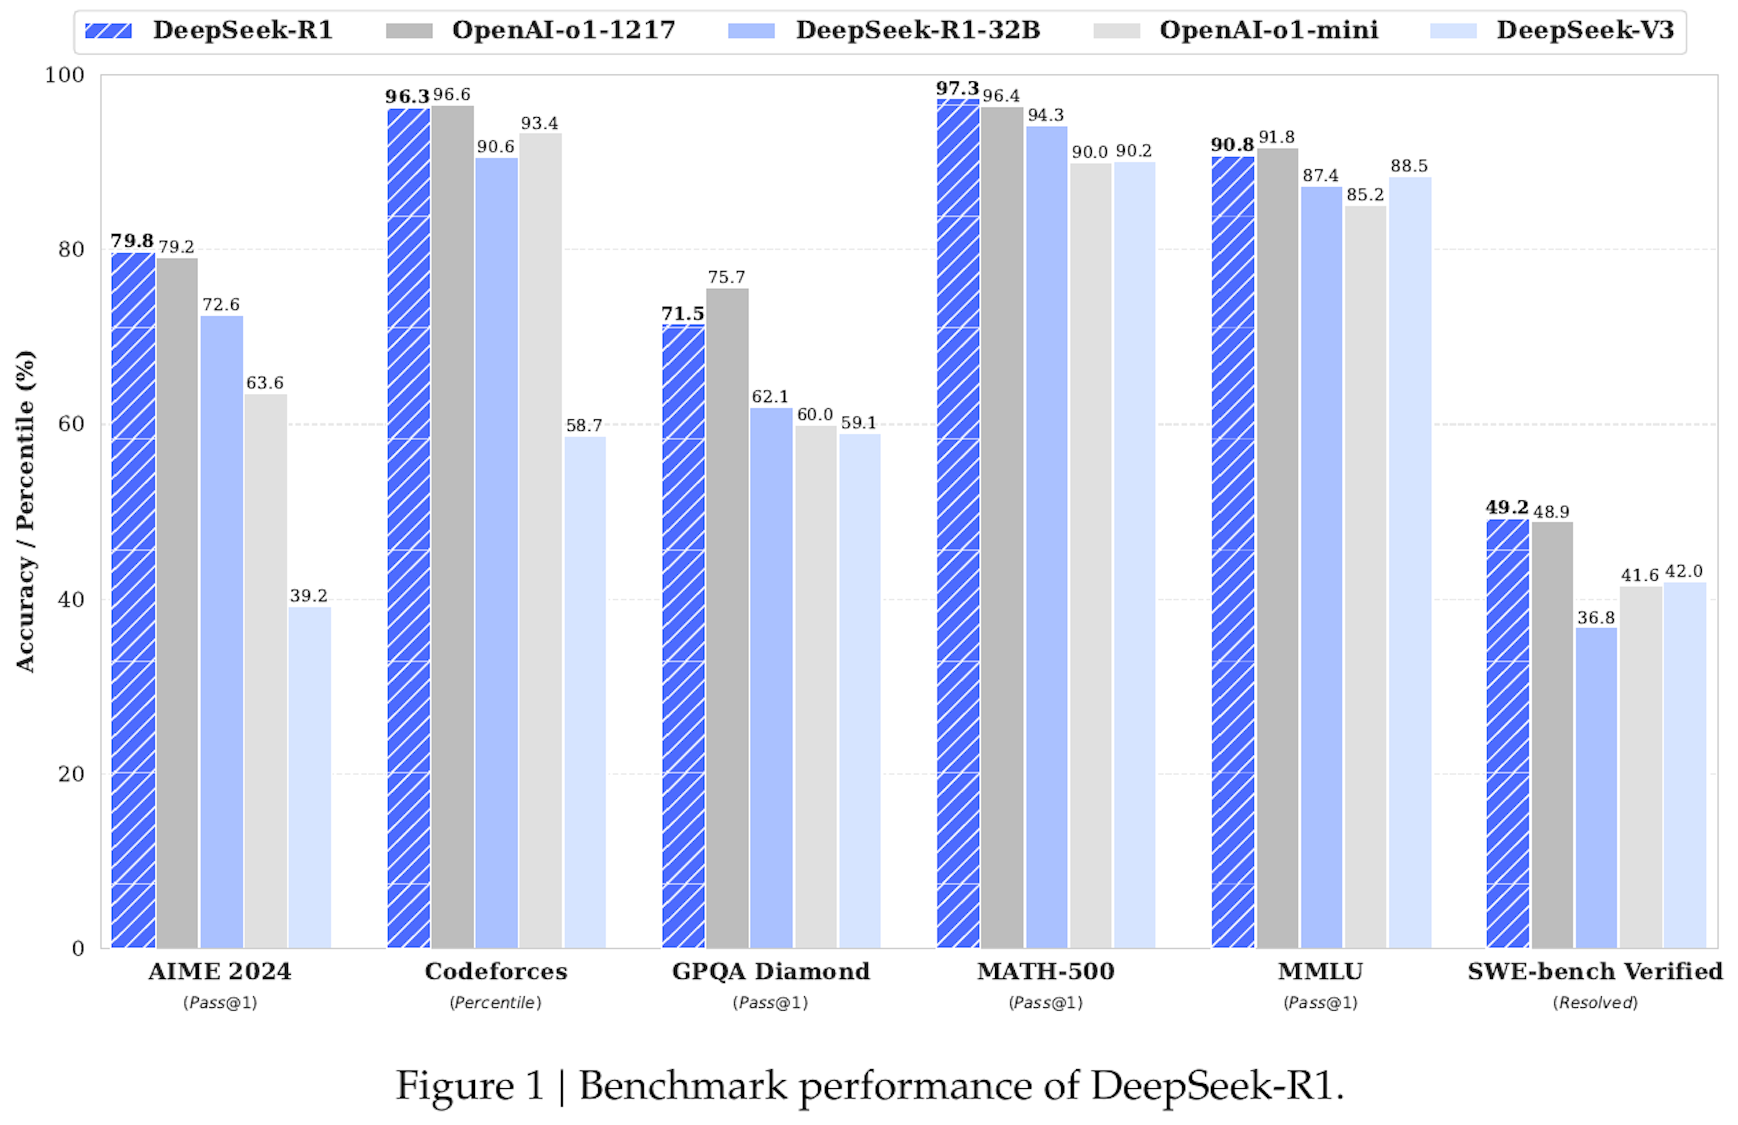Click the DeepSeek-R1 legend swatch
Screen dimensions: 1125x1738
(108, 31)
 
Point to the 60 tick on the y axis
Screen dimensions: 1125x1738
(71, 424)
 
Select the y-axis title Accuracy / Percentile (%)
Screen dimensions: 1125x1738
(25, 511)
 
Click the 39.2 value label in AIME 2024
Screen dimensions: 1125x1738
(308, 596)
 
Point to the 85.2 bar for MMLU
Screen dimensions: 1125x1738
(1365, 576)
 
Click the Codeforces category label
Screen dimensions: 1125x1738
(496, 972)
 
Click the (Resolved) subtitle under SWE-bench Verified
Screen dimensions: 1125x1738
(1595, 1002)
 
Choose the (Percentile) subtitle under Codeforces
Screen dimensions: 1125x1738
(496, 1002)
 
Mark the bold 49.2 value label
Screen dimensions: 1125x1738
(1507, 507)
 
